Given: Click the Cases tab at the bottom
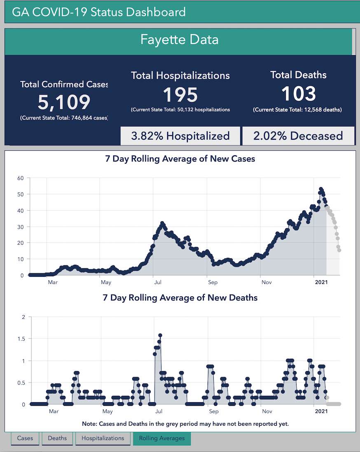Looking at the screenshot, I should tap(25, 438).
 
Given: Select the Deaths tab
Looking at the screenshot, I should tap(57, 438).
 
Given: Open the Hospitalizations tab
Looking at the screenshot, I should tap(103, 438).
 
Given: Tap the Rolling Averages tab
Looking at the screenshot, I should tap(162, 438).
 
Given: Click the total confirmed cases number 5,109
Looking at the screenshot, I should tap(64, 102).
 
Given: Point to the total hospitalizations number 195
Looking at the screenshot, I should tap(180, 94).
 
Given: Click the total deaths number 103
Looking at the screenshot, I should tap(298, 94).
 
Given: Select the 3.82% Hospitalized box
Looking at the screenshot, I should tap(180, 136).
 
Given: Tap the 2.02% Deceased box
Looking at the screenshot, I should tap(298, 136).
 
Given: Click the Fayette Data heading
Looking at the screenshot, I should tap(179, 40).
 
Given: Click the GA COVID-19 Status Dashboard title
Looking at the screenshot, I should tap(99, 12).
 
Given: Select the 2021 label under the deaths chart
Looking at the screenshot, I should tap(321, 411).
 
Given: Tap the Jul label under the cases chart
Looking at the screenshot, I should tap(158, 282).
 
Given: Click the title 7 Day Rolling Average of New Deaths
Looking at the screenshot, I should tap(180, 297).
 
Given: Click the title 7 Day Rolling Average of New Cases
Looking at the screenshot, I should tap(180, 159).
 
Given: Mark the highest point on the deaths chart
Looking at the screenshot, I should tap(160, 335).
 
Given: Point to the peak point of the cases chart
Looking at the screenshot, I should tap(321, 190).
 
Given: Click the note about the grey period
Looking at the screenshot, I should tap(185, 424).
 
